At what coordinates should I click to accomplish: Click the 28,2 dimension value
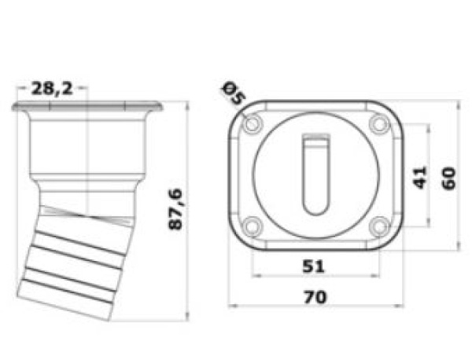pos(53,88)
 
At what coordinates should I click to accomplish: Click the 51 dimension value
pos(313,266)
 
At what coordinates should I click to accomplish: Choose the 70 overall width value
pos(315,297)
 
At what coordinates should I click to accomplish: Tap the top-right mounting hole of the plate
pos(378,124)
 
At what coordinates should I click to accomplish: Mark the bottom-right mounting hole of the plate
pos(378,226)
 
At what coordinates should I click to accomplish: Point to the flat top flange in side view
pos(87,106)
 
